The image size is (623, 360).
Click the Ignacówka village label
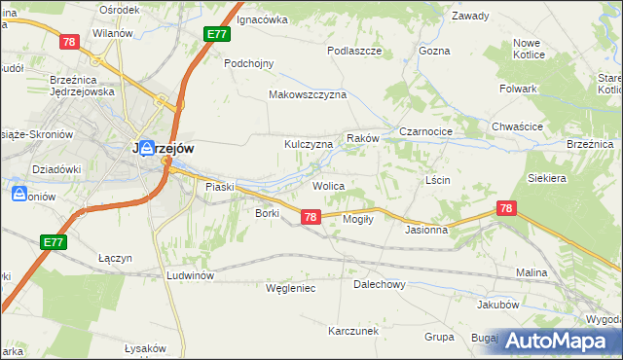point(263,18)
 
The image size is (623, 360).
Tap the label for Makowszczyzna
point(308,95)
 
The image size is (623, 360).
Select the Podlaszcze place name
point(353,50)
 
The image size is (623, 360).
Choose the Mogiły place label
point(360,219)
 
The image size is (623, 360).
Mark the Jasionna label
point(426,231)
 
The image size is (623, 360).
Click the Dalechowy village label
point(379,285)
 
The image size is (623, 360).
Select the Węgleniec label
point(291,288)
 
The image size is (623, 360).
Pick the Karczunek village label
point(352,331)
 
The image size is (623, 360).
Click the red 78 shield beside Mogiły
point(310,217)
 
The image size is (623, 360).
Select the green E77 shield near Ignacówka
point(217,34)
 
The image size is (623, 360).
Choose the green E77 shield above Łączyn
point(54,240)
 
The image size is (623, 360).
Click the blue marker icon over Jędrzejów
point(146,148)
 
